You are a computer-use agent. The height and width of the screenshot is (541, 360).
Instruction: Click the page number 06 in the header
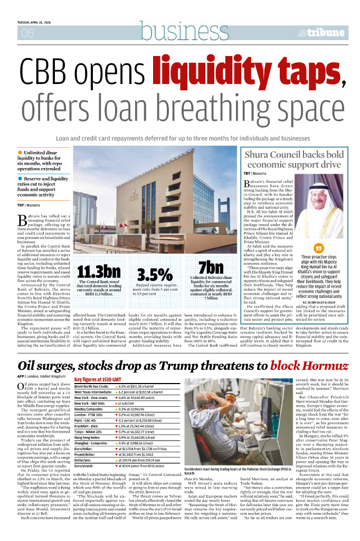coord(26,33)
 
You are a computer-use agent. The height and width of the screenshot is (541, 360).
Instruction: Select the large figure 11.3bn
coord(99,272)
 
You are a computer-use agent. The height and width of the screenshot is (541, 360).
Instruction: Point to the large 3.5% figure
coord(155,275)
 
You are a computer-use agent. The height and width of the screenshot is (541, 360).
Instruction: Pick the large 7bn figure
coord(211,267)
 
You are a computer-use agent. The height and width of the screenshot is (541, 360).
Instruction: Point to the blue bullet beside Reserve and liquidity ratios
coord(20,179)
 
